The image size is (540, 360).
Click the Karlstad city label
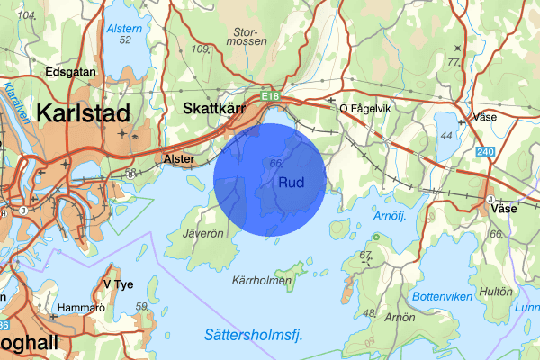(83, 113)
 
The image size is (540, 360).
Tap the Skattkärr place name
(215, 107)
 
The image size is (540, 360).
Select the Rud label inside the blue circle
(292, 184)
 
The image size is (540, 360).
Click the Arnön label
(401, 318)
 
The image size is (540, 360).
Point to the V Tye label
(118, 284)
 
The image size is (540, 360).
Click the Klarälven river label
(14, 96)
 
